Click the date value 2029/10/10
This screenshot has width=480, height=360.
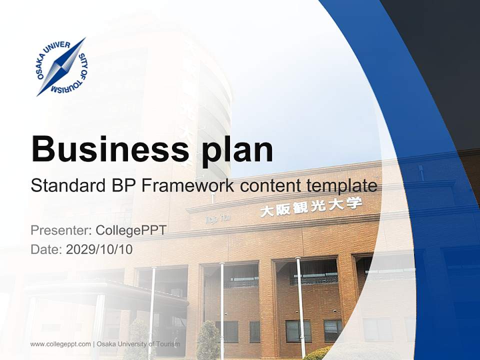(x=99, y=249)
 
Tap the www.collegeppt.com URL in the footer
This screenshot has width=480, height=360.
(x=60, y=344)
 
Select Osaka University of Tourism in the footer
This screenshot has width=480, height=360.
(x=138, y=344)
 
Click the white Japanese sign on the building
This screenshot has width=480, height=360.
(x=310, y=206)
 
